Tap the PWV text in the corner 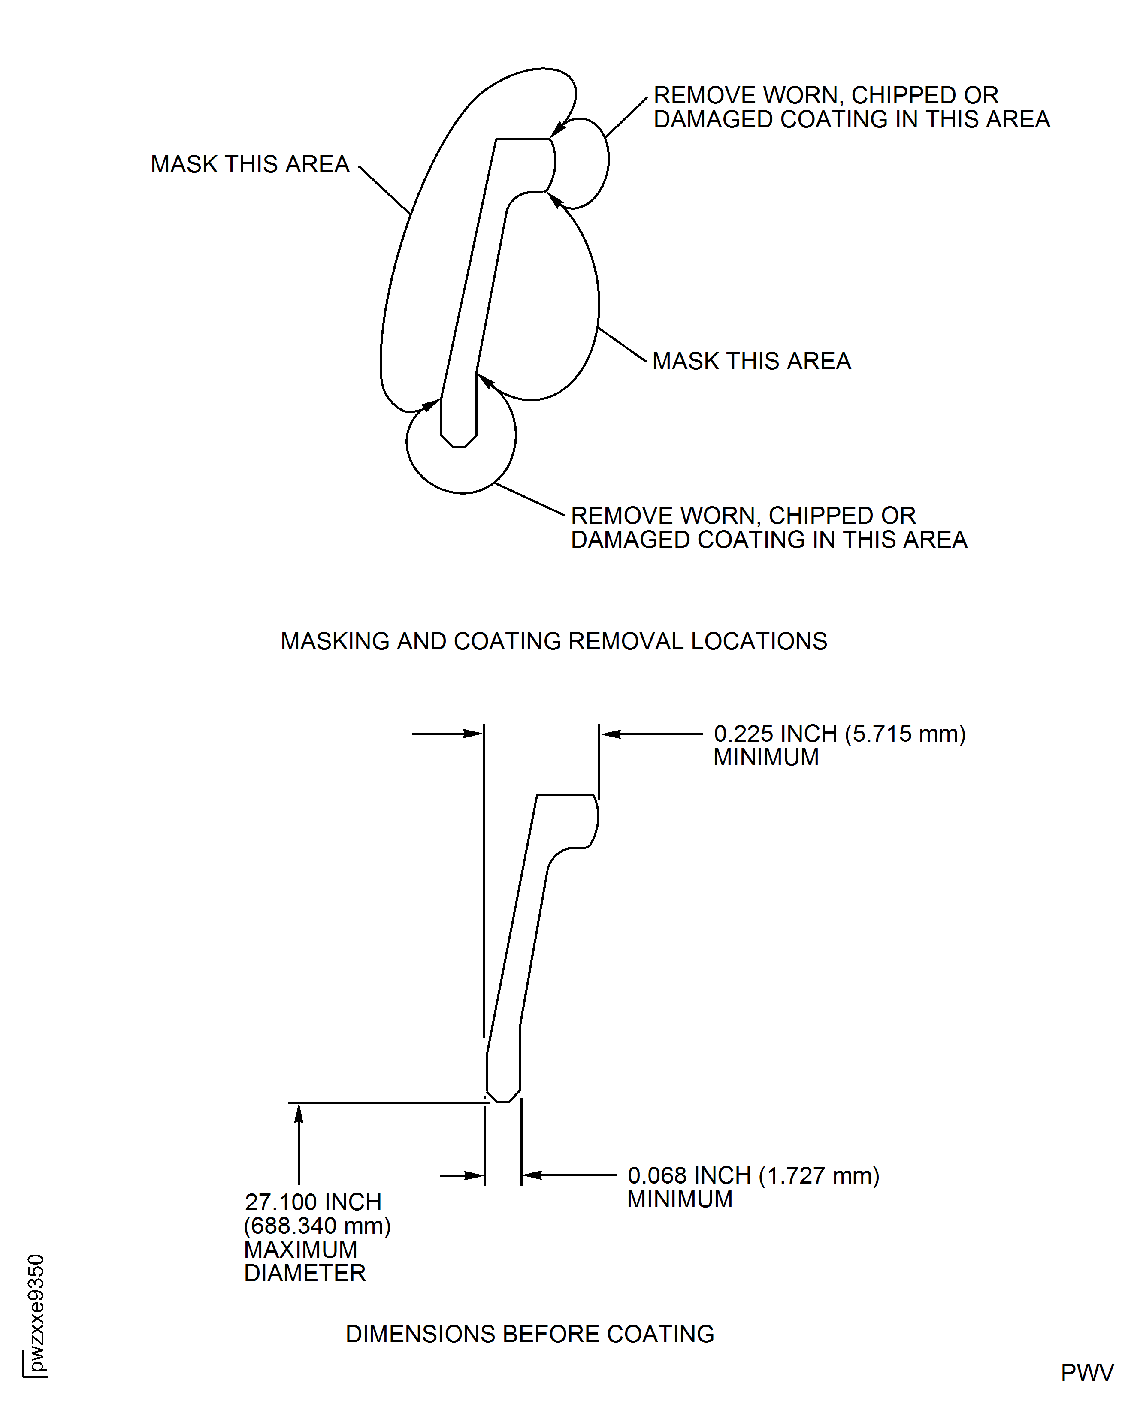1086,1373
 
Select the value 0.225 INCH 775,734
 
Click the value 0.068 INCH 689,1175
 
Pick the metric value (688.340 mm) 317,1226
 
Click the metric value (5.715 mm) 905,734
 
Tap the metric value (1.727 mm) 819,1175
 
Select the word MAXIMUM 300,1249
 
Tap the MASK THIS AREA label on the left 250,164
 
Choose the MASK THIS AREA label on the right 751,361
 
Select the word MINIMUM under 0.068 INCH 679,1199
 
